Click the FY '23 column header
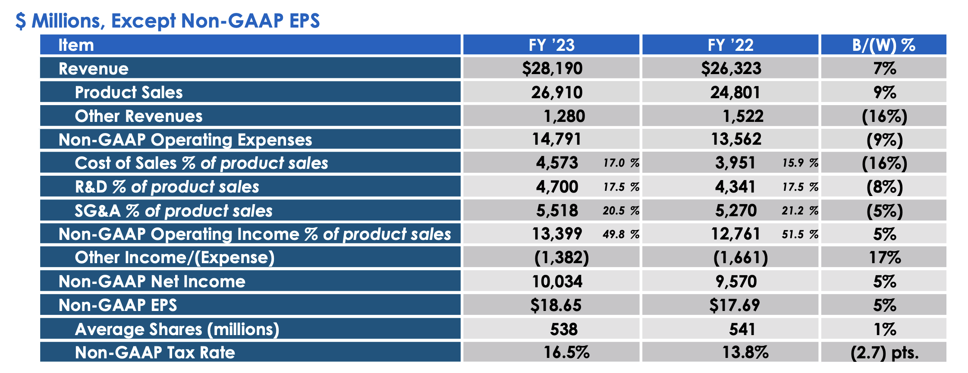coord(551,45)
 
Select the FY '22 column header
coord(730,45)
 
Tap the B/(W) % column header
coord(883,45)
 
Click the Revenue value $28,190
coord(552,68)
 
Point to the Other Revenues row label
coord(138,116)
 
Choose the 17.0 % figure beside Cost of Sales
coord(621,163)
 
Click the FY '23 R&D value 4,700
coord(557,187)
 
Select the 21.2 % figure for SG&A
coord(800,211)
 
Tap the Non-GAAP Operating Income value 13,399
coord(557,234)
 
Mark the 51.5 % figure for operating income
coord(800,234)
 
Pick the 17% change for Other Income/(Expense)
coord(884,258)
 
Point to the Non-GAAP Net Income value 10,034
coord(557,282)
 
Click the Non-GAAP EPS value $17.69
coord(734,305)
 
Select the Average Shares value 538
coord(563,329)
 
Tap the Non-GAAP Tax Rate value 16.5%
coord(566,352)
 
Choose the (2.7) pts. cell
coord(884,353)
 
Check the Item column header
coord(76,45)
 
